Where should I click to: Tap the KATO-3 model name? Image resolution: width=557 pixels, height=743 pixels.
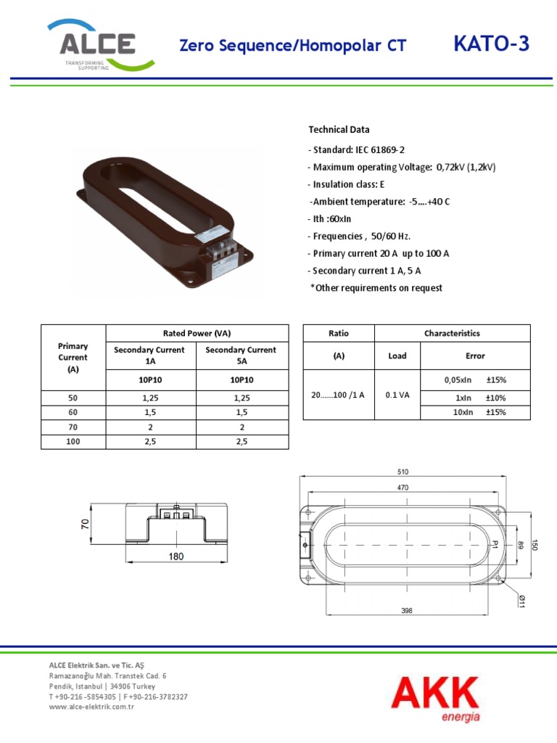coord(491,45)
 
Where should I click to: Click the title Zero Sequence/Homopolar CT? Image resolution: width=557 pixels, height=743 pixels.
coord(292,46)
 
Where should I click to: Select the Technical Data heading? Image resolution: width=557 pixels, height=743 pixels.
coord(339,130)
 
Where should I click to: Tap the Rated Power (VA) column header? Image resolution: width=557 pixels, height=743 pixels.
coord(197,333)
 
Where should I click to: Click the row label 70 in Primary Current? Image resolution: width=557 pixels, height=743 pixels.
coord(73,427)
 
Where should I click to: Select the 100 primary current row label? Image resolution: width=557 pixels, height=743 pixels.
coord(73,441)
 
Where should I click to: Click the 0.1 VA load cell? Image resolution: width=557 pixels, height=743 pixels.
coord(397,395)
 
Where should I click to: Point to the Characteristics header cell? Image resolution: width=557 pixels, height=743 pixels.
coord(452,333)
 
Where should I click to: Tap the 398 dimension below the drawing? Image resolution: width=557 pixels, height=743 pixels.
coord(406,611)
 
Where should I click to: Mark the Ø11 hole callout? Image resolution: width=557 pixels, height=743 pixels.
coord(521,600)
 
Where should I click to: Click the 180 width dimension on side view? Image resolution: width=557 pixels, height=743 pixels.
coord(176,557)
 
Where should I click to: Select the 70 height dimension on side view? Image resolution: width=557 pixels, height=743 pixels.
coord(86,523)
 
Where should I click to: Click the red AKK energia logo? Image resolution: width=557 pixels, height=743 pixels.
coord(434,696)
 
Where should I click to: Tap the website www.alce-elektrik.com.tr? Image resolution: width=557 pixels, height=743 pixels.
coord(92,707)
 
